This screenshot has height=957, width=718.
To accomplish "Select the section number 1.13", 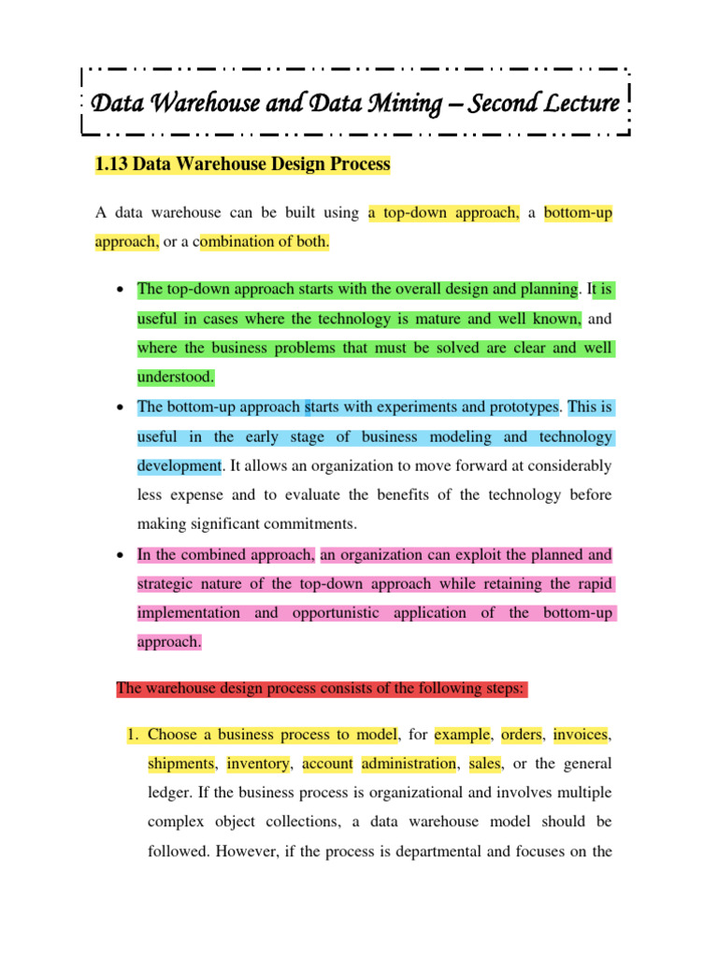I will coord(112,164).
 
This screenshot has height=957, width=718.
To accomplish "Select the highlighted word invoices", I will coord(586,735).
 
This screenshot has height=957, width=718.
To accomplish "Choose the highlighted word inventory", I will coord(258,764).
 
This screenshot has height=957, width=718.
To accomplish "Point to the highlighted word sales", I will coord(485,764).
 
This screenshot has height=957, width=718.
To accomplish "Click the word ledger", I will coord(170,793).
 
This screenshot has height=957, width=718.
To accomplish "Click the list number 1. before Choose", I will coord(132,735).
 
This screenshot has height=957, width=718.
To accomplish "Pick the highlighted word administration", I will coord(409,764).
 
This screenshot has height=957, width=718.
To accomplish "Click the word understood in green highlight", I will coord(176,378).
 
